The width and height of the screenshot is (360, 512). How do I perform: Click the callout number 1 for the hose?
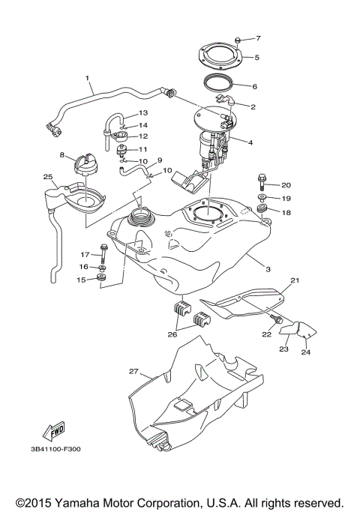pyautogui.click(x=87, y=77)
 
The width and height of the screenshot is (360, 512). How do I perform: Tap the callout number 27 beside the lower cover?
pyautogui.click(x=133, y=370)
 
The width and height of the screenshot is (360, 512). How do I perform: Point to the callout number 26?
pyautogui.click(x=172, y=335)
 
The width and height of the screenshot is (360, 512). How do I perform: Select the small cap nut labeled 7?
pyautogui.click(x=236, y=37)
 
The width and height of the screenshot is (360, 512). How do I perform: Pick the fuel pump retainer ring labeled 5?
pyautogui.click(x=222, y=56)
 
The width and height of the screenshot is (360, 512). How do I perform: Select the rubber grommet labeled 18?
pyautogui.click(x=263, y=209)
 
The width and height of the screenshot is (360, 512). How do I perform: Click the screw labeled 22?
pyautogui.click(x=278, y=321)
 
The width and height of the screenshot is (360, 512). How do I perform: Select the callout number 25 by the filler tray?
pyautogui.click(x=47, y=178)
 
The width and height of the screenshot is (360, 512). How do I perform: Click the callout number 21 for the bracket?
pyautogui.click(x=295, y=280)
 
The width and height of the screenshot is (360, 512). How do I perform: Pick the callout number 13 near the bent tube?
pyautogui.click(x=143, y=112)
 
